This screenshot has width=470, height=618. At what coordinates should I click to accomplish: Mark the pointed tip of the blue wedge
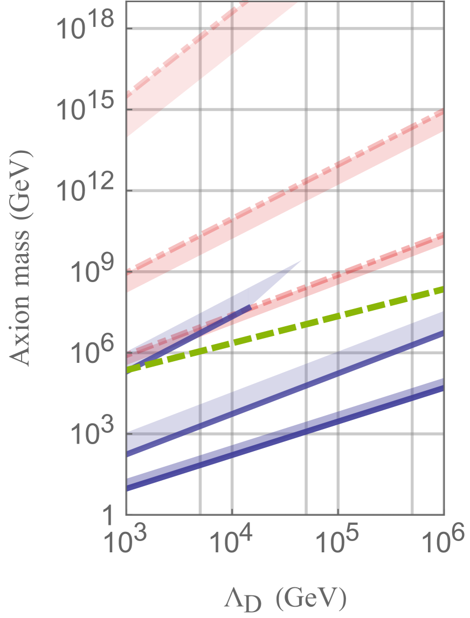(301, 261)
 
